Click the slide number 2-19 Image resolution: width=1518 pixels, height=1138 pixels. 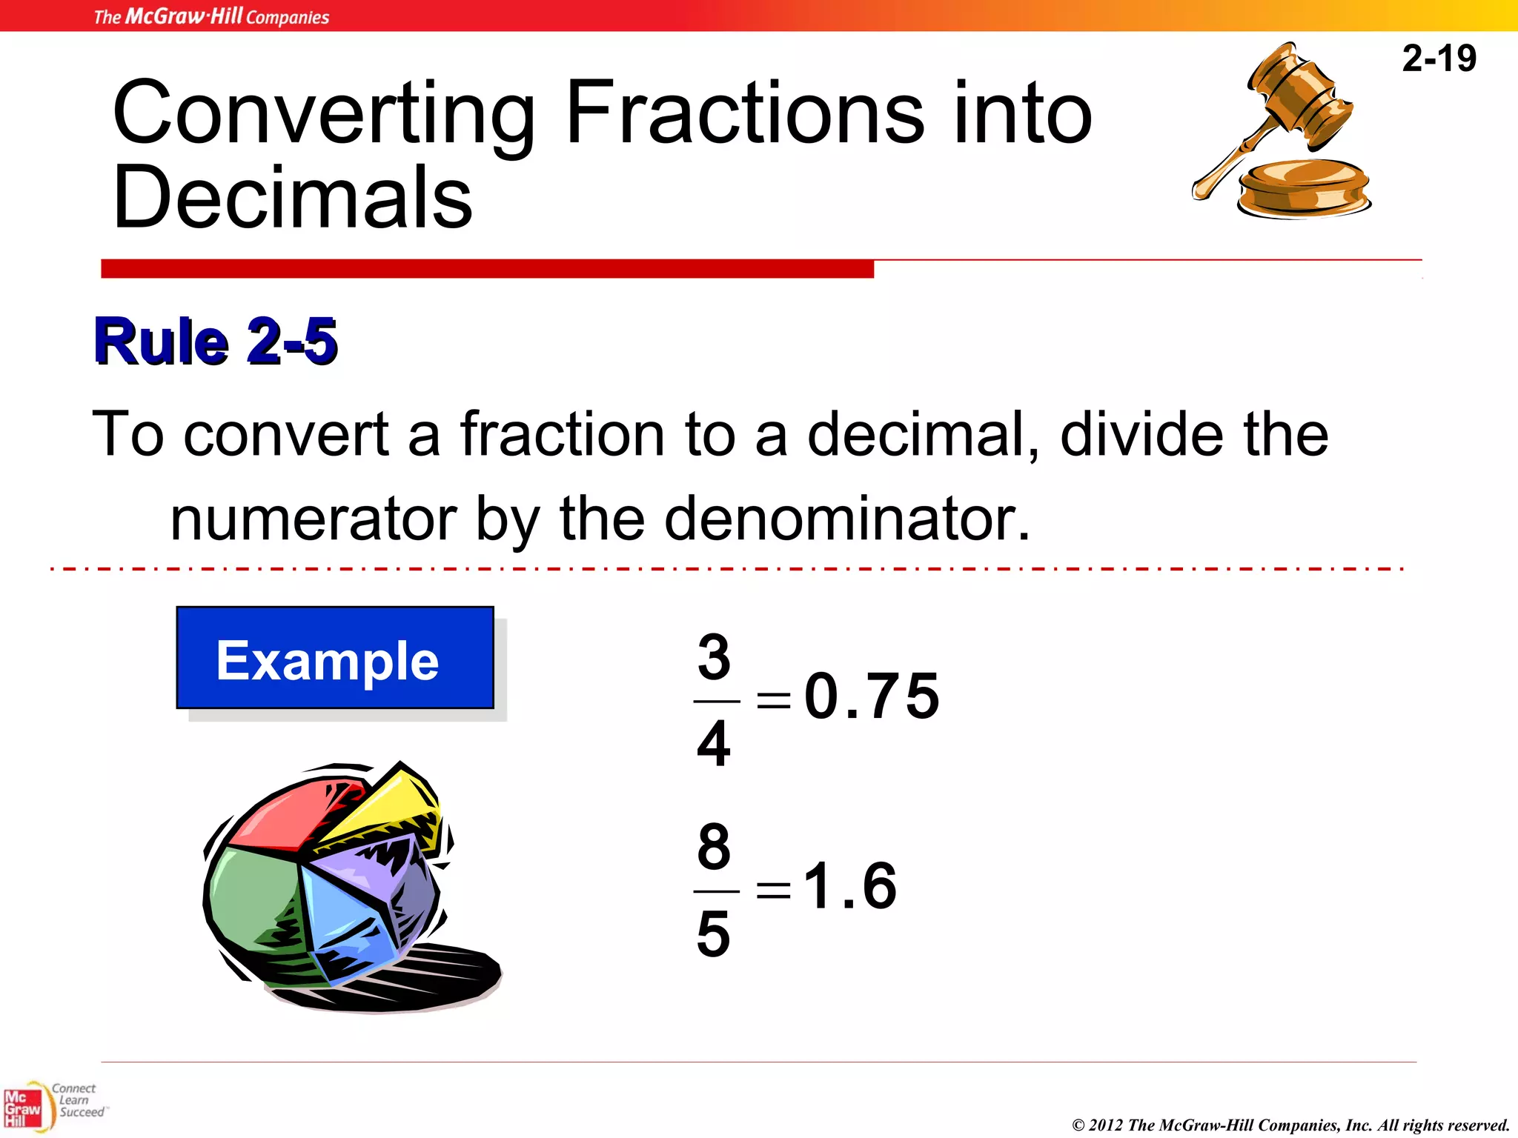click(x=1439, y=59)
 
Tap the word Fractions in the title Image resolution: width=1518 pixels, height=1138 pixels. click(x=745, y=113)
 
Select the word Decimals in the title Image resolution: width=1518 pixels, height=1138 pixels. click(x=293, y=197)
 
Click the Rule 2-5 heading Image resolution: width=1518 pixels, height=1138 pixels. click(x=216, y=342)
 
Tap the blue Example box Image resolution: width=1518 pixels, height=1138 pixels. click(x=335, y=658)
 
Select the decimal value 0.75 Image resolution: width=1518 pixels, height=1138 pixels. click(x=872, y=696)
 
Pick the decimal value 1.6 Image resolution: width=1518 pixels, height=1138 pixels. click(x=850, y=885)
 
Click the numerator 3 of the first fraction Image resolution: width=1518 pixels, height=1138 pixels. click(x=714, y=656)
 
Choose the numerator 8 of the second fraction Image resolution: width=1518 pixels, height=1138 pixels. click(x=714, y=846)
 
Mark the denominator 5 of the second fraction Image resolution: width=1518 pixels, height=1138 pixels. click(x=714, y=934)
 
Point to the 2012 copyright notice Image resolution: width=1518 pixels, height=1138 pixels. click(x=1290, y=1125)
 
